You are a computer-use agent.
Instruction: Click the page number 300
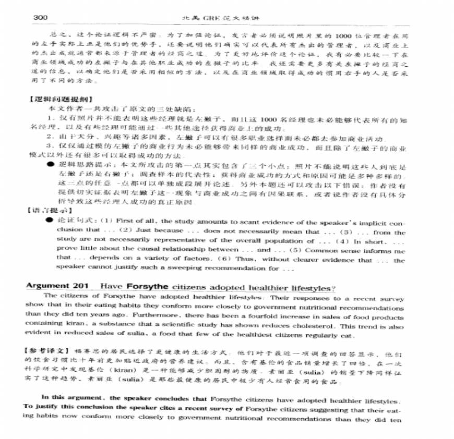41,18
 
